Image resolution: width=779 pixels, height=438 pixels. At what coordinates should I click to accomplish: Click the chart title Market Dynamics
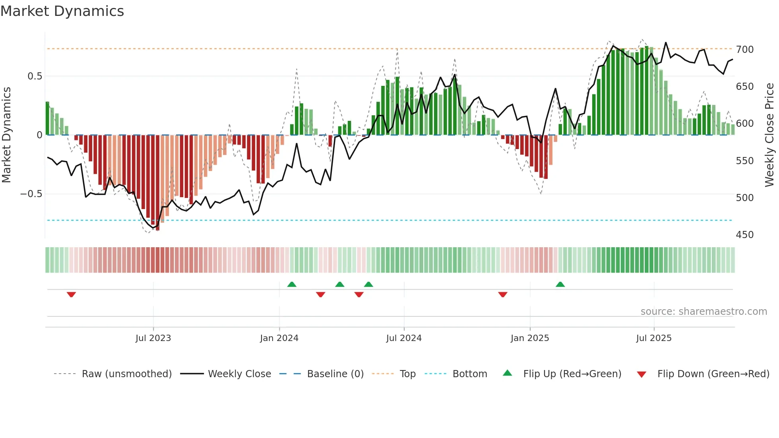coord(62,11)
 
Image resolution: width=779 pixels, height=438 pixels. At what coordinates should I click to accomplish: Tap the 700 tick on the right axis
coord(744,50)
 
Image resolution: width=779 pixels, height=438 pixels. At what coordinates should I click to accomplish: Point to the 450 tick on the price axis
coord(744,235)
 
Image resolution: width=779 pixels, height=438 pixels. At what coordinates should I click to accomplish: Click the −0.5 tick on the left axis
coord(31,194)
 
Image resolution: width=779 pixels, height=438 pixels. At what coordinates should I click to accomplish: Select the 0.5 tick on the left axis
coord(35,76)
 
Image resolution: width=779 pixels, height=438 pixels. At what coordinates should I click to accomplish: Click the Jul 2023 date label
coord(153,338)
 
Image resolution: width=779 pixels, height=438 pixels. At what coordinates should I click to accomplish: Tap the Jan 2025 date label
coord(529,338)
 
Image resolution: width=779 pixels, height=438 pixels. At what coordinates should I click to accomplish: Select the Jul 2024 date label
coord(403,338)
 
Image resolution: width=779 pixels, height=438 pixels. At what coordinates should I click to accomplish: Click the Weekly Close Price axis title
coord(769,135)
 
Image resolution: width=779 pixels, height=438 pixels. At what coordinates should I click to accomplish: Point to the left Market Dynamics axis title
coord(6,135)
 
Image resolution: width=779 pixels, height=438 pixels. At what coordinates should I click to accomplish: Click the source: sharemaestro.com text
coord(703,312)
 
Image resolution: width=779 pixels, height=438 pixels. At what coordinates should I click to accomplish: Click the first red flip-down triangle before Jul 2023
coord(71,295)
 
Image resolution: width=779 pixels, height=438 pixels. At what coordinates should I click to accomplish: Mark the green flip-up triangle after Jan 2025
coord(560,285)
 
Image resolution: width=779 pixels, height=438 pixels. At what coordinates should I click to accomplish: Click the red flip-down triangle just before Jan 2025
coord(502,295)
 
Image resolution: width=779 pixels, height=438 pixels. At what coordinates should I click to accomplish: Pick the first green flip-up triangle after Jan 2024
coord(292,285)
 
